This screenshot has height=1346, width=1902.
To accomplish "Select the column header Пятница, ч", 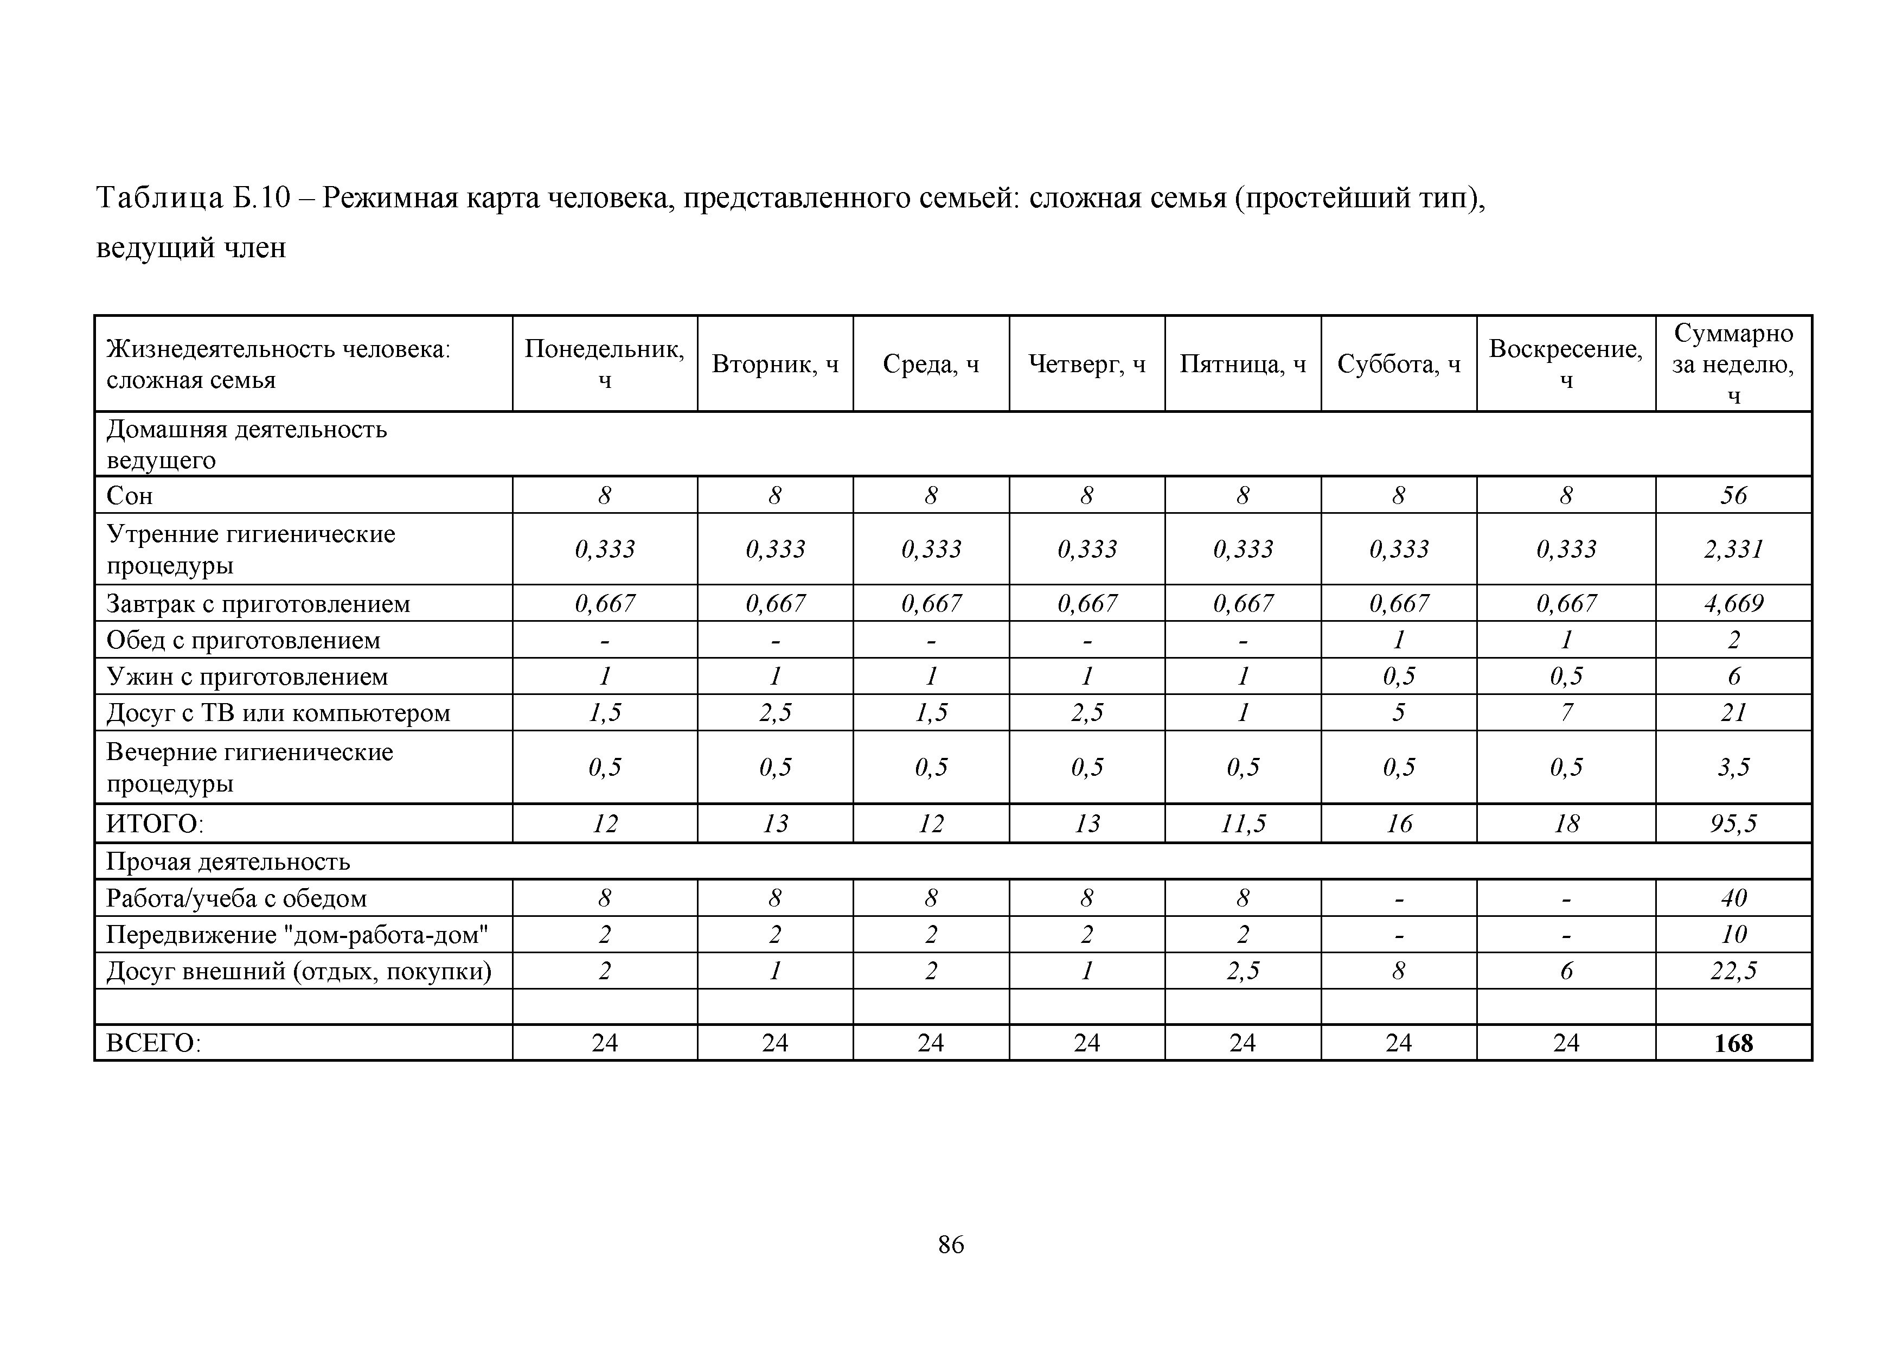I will point(1243,364).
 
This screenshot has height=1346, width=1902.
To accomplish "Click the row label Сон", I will point(130,496).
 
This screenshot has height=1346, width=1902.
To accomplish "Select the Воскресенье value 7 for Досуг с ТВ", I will point(1566,713).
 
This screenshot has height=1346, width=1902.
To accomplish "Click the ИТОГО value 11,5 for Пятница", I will point(1243,823).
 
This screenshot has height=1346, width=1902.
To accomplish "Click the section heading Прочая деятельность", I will point(228,862).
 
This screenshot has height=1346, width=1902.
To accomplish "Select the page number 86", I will point(951,1244).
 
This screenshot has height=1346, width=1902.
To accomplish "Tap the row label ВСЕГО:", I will point(154,1043).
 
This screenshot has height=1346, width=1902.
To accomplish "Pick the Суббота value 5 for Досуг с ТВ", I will point(1398,713).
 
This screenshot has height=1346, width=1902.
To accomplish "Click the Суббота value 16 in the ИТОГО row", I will point(1398,823).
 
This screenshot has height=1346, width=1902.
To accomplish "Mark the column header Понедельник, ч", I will point(605,364).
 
